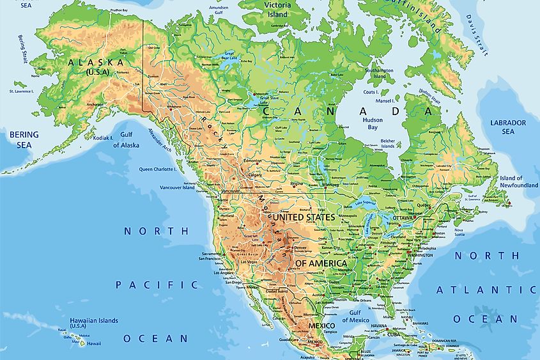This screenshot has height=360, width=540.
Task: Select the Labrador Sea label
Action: click(508, 127)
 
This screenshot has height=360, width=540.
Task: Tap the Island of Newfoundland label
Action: click(518, 182)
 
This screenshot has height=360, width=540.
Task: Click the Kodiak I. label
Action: click(102, 137)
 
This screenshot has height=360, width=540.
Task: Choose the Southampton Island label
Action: click(380, 73)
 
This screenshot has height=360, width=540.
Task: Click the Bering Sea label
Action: click(24, 139)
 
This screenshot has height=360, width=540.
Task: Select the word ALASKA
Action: click(96, 63)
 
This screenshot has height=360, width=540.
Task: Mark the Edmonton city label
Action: click(252, 160)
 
